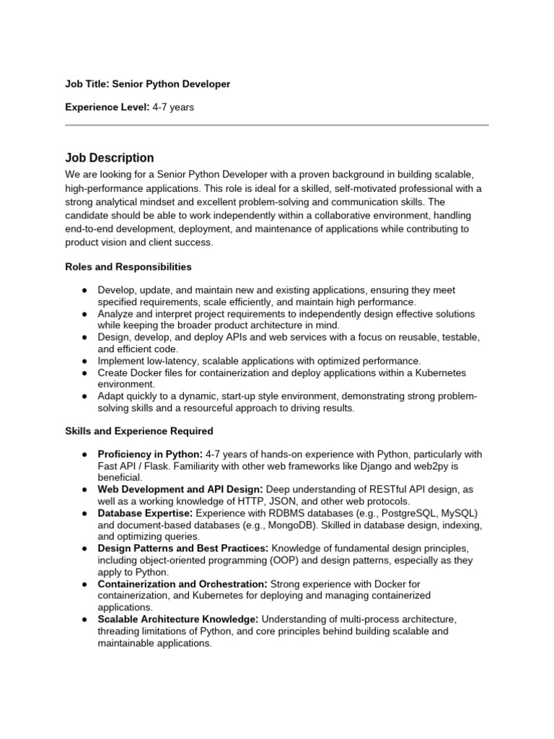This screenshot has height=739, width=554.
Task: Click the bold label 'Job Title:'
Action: pyautogui.click(x=87, y=84)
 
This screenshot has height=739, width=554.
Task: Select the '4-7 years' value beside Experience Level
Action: pyautogui.click(x=173, y=108)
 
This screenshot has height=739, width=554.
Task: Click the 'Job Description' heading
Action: pyautogui.click(x=109, y=157)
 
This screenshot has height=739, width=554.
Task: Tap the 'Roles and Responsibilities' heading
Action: pyautogui.click(x=128, y=266)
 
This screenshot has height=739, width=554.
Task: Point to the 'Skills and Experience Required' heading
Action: pyautogui.click(x=139, y=431)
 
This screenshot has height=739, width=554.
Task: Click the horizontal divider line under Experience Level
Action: pyautogui.click(x=277, y=125)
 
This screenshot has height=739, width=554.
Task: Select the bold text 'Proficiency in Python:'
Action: pyautogui.click(x=150, y=454)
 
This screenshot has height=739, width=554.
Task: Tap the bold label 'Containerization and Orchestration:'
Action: pyautogui.click(x=183, y=583)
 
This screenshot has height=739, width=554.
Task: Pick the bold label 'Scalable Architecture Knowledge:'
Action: pyautogui.click(x=178, y=619)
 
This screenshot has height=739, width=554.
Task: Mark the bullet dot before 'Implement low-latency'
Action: pyautogui.click(x=84, y=360)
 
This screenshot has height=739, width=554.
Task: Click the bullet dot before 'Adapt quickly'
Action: pyautogui.click(x=84, y=395)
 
